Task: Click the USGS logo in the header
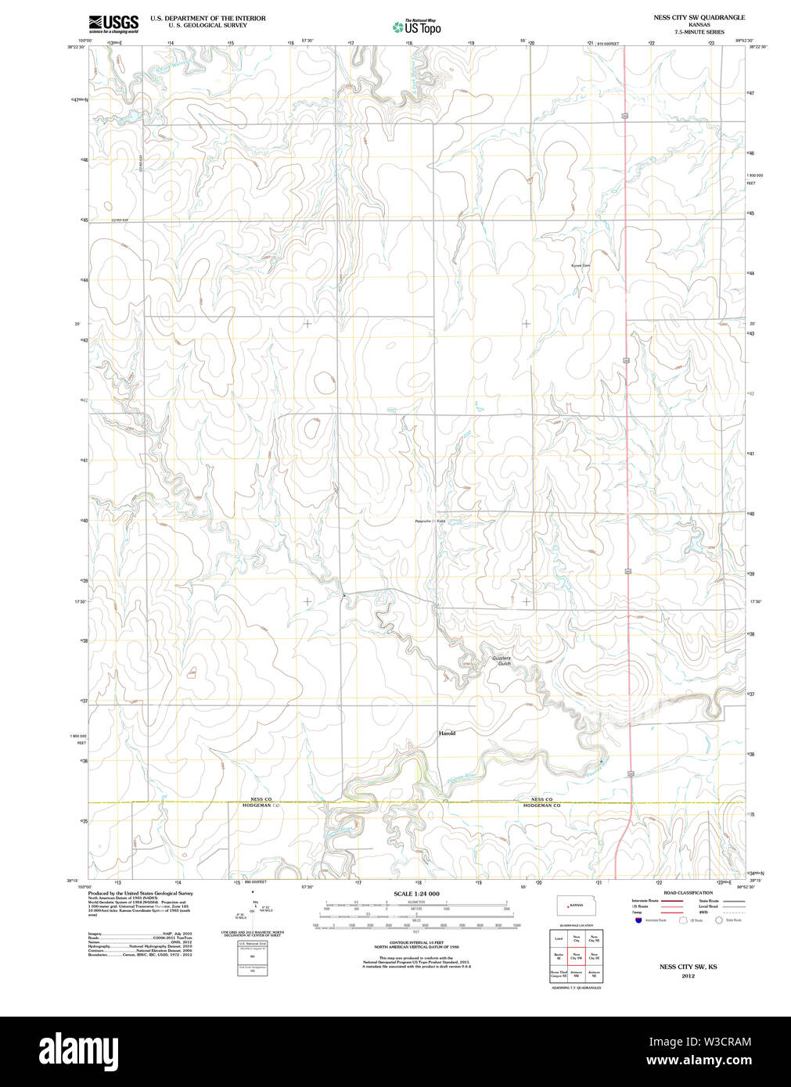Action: [113, 23]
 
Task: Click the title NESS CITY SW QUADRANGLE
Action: [689, 17]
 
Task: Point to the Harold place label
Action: [447, 734]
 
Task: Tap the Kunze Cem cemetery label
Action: [580, 266]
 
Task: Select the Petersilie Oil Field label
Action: [430, 521]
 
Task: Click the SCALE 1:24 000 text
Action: [416, 894]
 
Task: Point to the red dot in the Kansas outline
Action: [568, 906]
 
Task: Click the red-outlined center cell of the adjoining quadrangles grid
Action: [577, 956]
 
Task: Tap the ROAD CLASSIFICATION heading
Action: [688, 892]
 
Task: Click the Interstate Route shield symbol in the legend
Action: [638, 920]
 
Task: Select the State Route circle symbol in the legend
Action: [718, 920]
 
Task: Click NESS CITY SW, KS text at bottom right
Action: [688, 967]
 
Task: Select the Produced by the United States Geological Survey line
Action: [140, 893]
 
